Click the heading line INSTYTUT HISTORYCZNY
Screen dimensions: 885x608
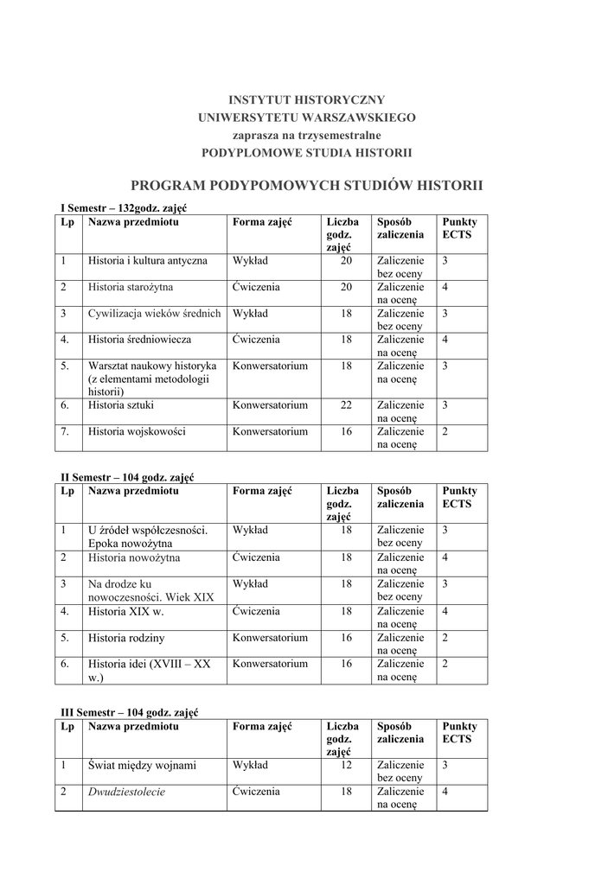pyautogui.click(x=306, y=99)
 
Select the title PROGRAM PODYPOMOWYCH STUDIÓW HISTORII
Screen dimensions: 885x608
pyautogui.click(x=306, y=185)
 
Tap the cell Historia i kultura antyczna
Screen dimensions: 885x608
pyautogui.click(x=148, y=260)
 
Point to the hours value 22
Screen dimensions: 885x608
pyautogui.click(x=345, y=404)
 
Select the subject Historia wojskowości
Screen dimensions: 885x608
pyautogui.click(x=137, y=430)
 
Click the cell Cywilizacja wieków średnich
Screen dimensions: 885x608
pyautogui.click(x=155, y=314)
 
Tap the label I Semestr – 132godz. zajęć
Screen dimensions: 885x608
pyautogui.click(x=124, y=208)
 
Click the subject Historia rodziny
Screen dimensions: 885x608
pyautogui.click(x=126, y=638)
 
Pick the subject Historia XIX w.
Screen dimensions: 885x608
pyautogui.click(x=126, y=611)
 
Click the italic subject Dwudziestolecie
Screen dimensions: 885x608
pyautogui.click(x=126, y=791)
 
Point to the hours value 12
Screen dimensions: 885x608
pyautogui.click(x=346, y=765)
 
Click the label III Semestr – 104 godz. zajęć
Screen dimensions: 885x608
pyautogui.click(x=130, y=712)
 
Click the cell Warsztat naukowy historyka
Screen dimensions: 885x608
pyautogui.click(x=152, y=366)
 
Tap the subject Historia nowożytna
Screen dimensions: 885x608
pyautogui.click(x=134, y=557)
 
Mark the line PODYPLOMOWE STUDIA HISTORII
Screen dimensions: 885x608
pyautogui.click(x=306, y=152)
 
